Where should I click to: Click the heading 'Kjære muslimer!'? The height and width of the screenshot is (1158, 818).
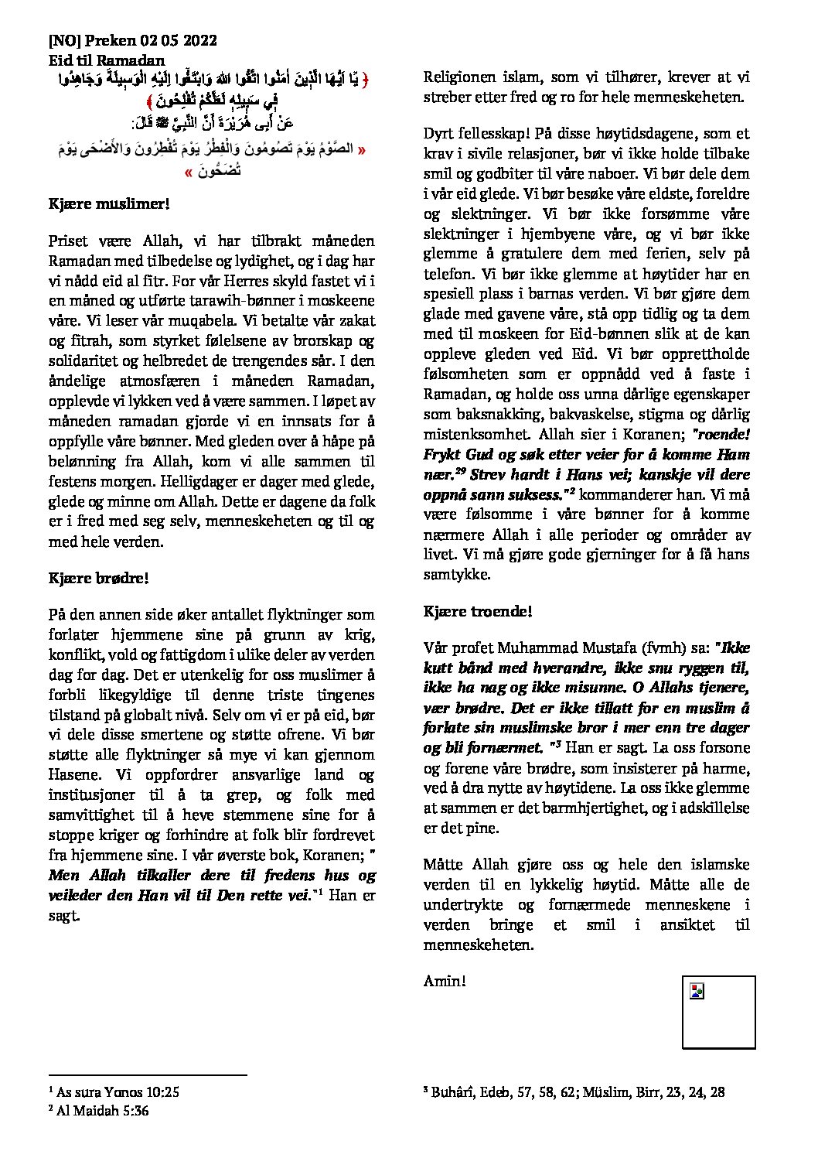click(108, 204)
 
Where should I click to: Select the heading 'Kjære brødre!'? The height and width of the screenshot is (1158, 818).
click(98, 578)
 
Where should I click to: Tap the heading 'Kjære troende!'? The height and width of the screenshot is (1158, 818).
click(478, 612)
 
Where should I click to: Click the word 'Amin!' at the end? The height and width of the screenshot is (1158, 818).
click(445, 981)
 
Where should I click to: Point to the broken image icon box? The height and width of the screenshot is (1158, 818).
click(718, 1011)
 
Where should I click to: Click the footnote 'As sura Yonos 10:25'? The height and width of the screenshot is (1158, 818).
click(113, 1092)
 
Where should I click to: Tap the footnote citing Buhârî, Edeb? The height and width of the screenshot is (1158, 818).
click(573, 1092)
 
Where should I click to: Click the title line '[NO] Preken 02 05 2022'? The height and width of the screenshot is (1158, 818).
click(132, 41)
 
